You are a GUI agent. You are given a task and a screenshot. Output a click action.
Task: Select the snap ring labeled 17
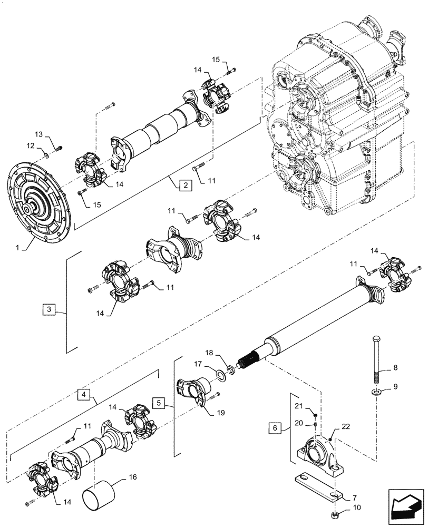[x=217, y=375]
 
